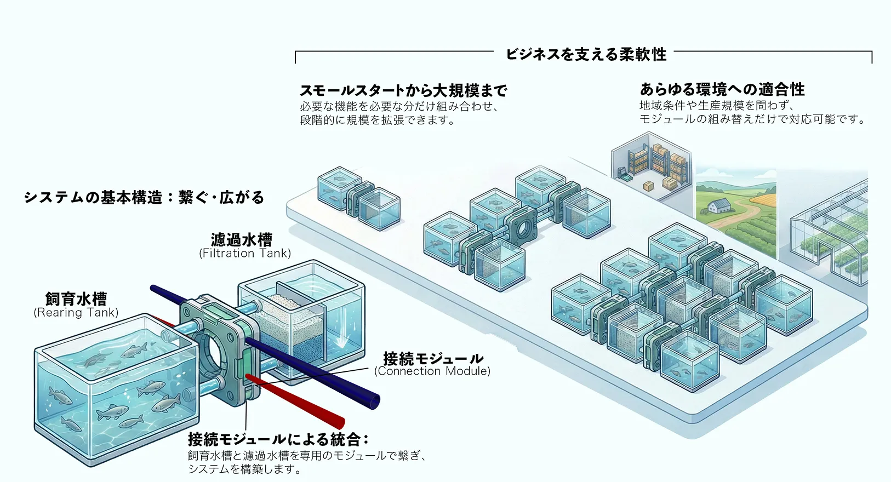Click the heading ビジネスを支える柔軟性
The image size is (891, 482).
tap(585, 54)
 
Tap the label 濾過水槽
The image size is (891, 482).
tap(242, 240)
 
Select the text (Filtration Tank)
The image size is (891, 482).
tap(245, 253)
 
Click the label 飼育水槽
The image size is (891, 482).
tap(76, 299)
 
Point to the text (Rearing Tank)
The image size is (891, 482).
tap(76, 312)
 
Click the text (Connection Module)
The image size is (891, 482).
tap(432, 371)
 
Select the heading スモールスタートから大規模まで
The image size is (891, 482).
tap(403, 90)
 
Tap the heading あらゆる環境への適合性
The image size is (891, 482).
tap(722, 89)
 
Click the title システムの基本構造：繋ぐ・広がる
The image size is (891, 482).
tap(144, 197)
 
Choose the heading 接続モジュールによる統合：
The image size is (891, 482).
tap(278, 439)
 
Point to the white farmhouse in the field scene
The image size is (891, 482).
tap(720, 206)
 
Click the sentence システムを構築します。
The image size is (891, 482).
tap(244, 469)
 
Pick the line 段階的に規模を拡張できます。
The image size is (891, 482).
tap(378, 120)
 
